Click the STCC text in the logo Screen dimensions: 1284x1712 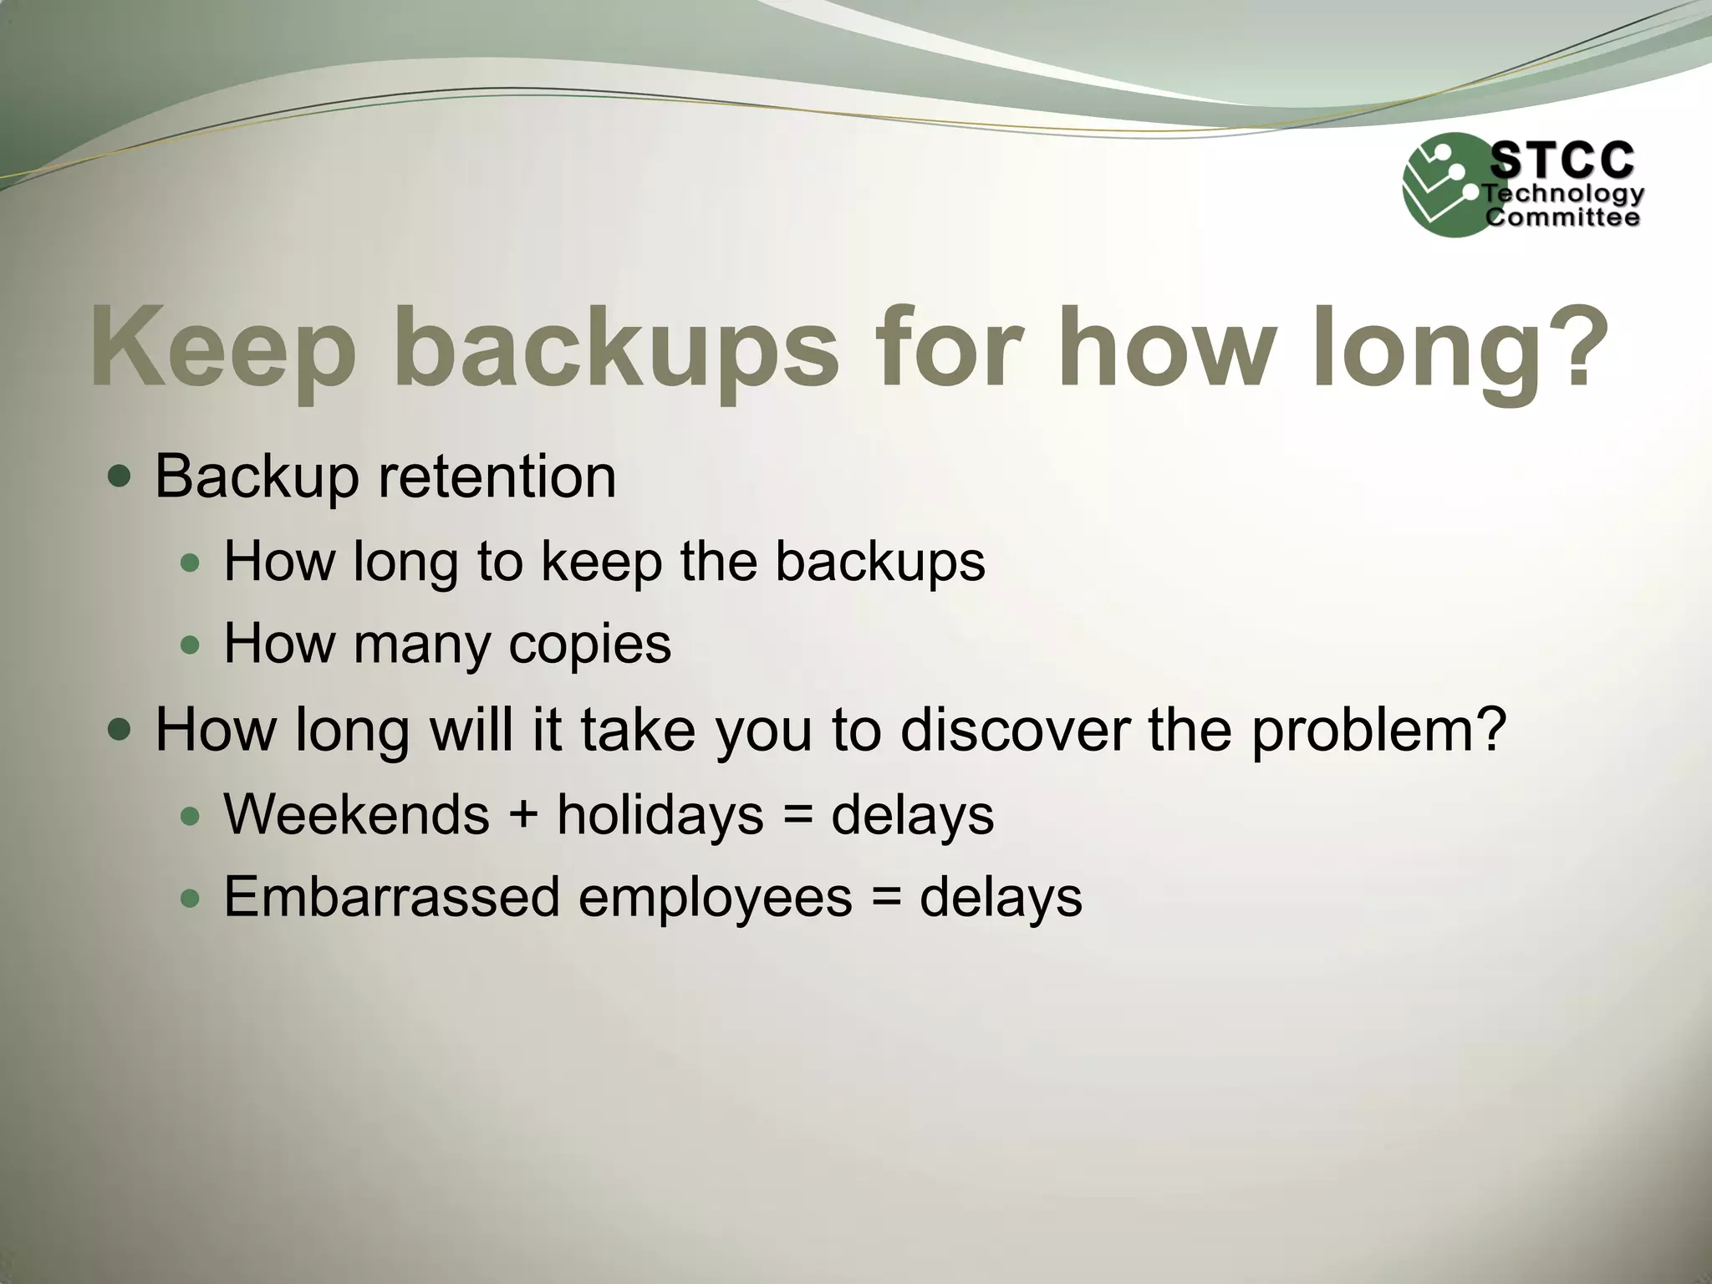click(x=1562, y=160)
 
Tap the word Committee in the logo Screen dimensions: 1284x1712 click(x=1562, y=218)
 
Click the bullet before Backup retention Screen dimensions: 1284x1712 click(x=120, y=477)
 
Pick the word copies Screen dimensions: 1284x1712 click(x=589, y=644)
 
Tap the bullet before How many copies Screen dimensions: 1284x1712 click(x=191, y=645)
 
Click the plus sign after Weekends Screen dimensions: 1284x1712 click(x=523, y=815)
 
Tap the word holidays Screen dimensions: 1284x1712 click(x=660, y=815)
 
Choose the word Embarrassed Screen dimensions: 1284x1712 click(x=391, y=897)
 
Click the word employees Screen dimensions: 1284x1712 click(x=715, y=899)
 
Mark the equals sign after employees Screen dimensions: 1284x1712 click(x=886, y=898)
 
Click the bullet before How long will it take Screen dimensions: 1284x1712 click(x=120, y=730)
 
